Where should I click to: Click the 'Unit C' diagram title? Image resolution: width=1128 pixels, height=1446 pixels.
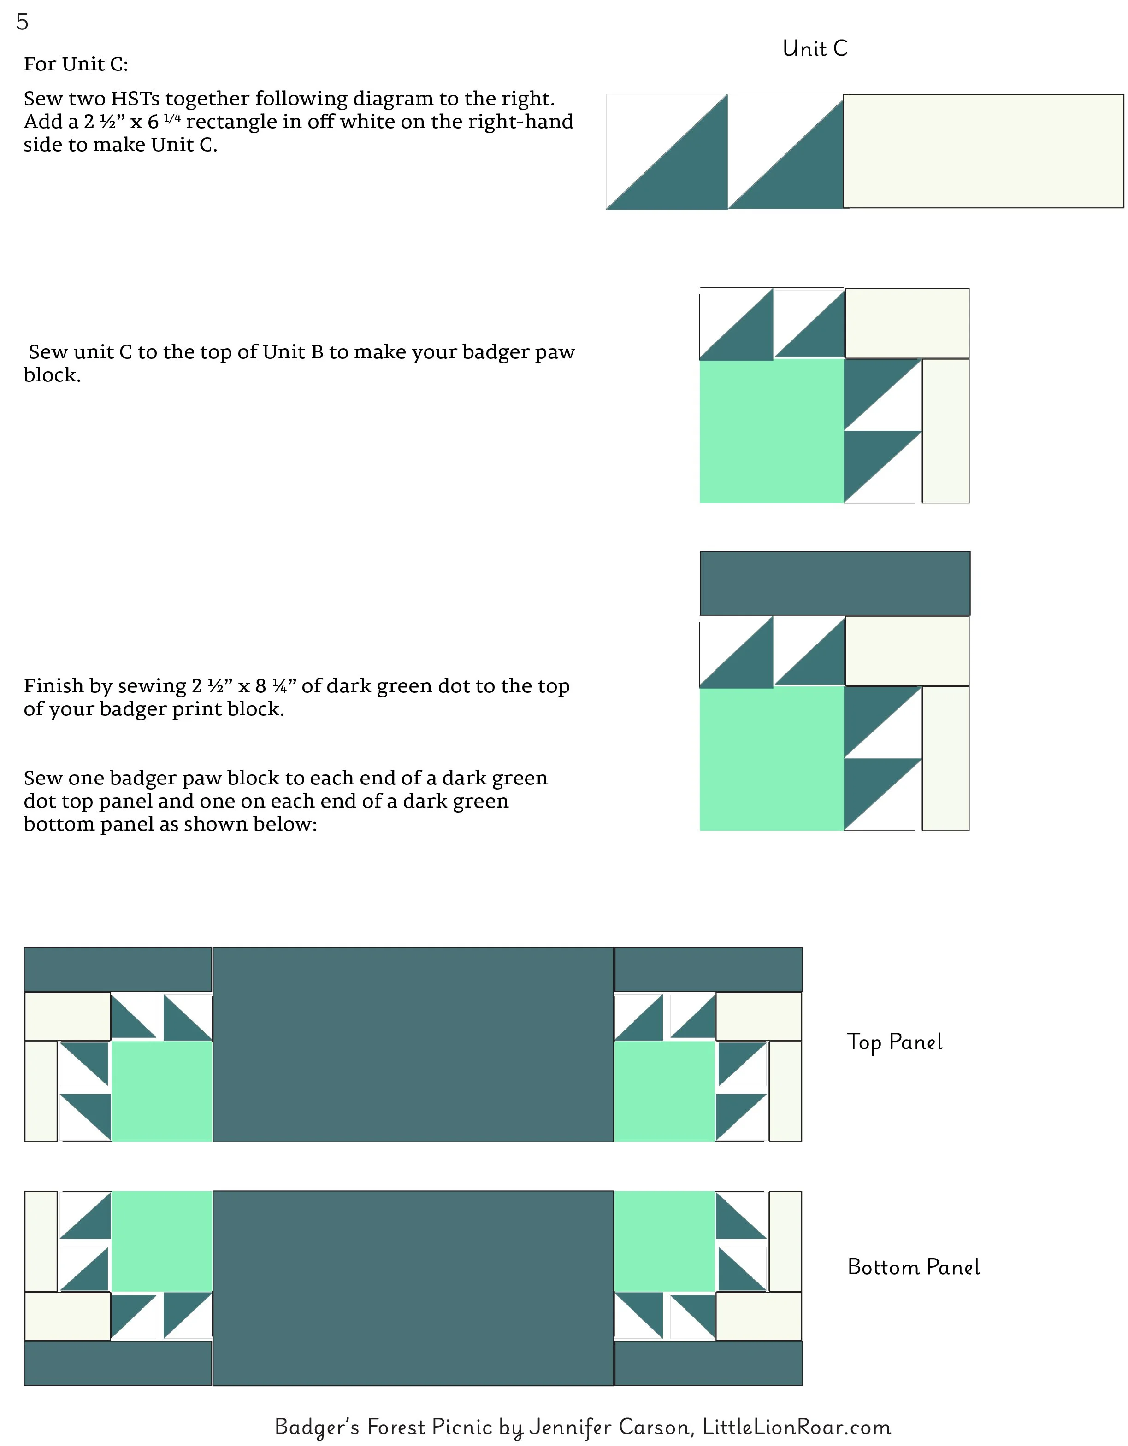[x=815, y=48]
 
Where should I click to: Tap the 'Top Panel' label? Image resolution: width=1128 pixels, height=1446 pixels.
[x=894, y=1042]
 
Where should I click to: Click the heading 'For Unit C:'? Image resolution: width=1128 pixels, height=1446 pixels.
[x=76, y=64]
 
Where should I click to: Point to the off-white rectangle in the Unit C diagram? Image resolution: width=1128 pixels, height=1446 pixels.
[x=983, y=151]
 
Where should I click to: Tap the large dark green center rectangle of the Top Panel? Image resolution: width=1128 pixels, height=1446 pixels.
[x=413, y=1044]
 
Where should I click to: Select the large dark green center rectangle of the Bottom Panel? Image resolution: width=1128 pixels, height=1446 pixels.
[x=413, y=1288]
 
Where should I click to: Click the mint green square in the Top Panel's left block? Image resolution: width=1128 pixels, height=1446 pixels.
[x=162, y=1091]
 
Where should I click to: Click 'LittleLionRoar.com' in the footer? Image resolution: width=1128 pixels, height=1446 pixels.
[x=797, y=1426]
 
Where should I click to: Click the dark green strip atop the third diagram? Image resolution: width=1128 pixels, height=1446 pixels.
[x=834, y=583]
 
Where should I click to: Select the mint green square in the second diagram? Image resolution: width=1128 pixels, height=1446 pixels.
[x=772, y=431]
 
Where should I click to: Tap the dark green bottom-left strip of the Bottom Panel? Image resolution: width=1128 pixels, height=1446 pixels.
[x=118, y=1363]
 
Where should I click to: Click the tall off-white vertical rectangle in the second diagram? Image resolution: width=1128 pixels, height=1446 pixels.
[x=945, y=431]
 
